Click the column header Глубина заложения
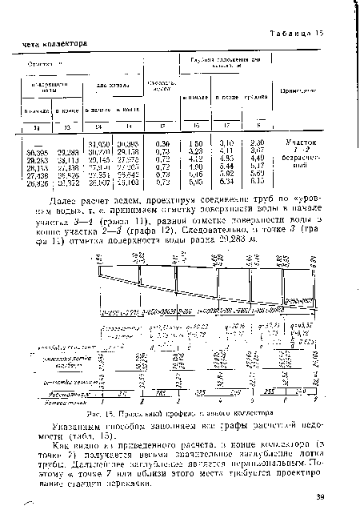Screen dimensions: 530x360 click(214, 61)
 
